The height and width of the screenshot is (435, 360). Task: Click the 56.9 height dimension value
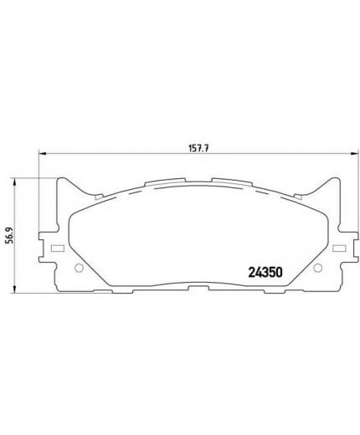point(8,237)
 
